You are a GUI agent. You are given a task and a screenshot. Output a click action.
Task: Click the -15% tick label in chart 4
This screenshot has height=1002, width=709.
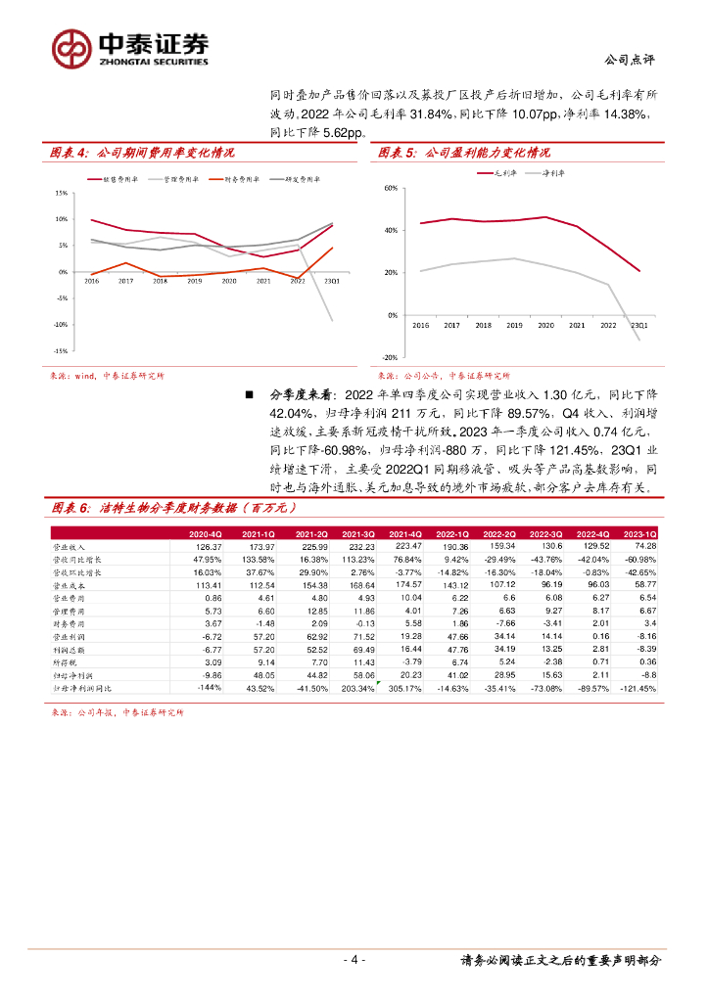[60, 350]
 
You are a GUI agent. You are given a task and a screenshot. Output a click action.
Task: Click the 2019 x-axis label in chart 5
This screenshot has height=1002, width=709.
[514, 324]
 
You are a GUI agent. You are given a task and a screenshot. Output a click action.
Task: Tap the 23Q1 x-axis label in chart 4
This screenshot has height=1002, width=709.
[332, 281]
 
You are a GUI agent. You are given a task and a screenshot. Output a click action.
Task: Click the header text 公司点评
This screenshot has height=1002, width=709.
[632, 58]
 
